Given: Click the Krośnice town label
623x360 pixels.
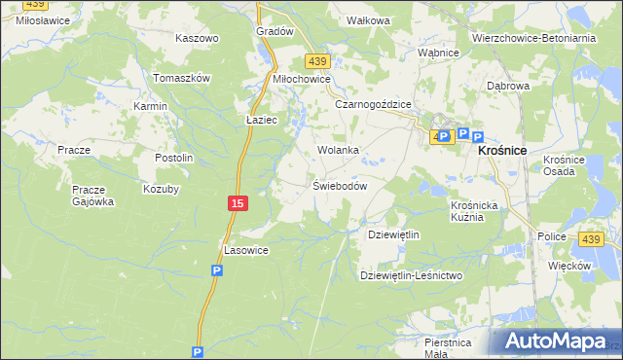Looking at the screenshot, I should tap(501, 151).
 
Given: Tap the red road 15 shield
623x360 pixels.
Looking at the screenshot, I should tap(237, 202).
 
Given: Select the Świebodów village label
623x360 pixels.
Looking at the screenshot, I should tap(339, 186).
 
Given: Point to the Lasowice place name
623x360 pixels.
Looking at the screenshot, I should tap(246, 250).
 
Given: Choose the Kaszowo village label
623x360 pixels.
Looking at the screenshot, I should tap(197, 38).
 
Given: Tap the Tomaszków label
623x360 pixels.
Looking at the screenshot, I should tap(182, 78).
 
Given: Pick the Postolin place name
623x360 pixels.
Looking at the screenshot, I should tap(175, 158).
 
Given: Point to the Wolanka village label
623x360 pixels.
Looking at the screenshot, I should tap(338, 151).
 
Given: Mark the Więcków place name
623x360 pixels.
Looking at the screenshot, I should tap(570, 266).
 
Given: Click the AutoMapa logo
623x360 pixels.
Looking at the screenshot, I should tap(555, 342).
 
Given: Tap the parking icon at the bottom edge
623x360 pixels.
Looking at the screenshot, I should tap(198, 353).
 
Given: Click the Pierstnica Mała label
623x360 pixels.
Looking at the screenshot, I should tap(448, 347).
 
